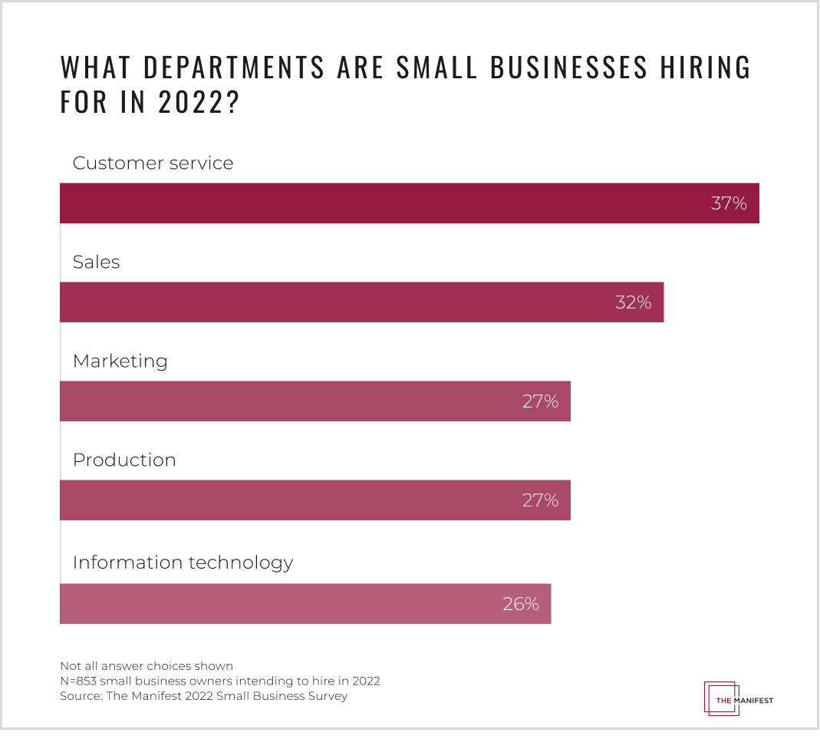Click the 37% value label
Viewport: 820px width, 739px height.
729,203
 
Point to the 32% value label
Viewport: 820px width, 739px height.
633,302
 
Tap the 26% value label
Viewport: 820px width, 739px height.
521,604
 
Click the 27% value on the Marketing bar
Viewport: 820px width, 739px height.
540,401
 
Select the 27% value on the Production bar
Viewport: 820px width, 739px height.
540,500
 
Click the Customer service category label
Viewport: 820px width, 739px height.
153,163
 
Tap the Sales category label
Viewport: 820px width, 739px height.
97,262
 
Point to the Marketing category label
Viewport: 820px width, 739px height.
120,361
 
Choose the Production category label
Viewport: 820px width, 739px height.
124,460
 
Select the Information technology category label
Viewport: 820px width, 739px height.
183,562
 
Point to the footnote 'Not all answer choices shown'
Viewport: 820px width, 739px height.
147,665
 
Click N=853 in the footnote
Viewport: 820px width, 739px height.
78,681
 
